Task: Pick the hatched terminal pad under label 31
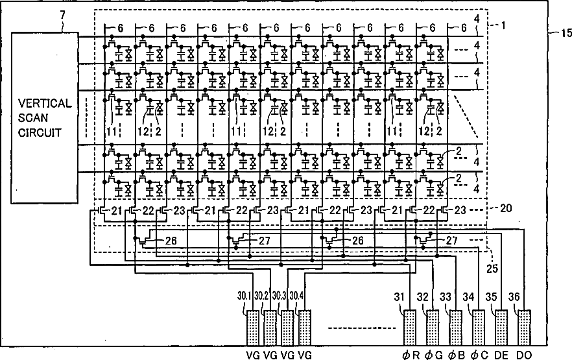410,328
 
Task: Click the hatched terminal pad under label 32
433,328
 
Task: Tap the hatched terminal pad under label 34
479,328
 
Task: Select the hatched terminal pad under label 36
524,328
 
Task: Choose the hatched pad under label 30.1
252,328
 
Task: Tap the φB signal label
455,354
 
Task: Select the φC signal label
479,354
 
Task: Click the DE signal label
501,354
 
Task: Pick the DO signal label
524,354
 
